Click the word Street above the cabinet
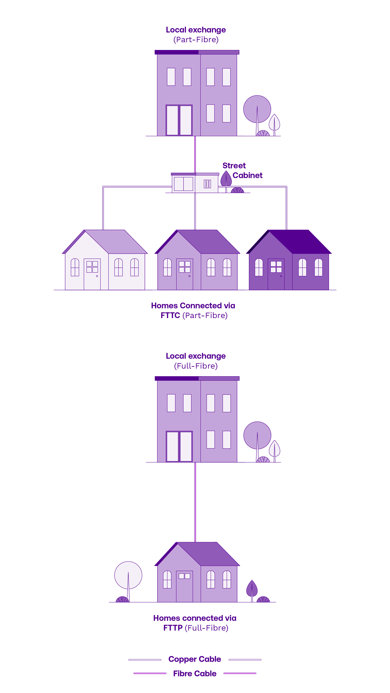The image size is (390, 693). (234, 165)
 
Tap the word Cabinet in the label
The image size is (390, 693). (247, 175)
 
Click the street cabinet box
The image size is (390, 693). (195, 184)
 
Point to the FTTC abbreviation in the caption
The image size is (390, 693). (170, 315)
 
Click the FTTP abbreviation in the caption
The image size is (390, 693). (173, 628)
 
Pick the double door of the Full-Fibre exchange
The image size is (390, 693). (179, 446)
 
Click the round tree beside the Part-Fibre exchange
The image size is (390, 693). (257, 109)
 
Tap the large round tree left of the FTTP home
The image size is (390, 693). (128, 575)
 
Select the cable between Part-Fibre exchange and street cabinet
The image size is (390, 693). (195, 155)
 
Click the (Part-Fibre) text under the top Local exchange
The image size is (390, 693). (196, 40)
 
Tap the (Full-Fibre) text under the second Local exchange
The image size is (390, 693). (196, 366)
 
